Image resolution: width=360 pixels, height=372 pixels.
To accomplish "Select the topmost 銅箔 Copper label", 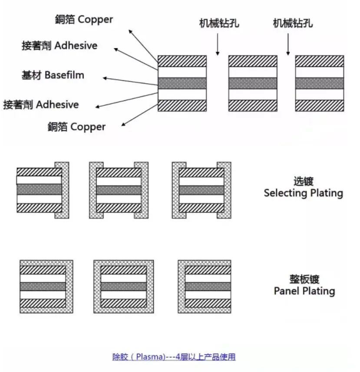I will point(84,20).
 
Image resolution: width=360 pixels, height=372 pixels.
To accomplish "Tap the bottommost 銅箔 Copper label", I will point(76,127).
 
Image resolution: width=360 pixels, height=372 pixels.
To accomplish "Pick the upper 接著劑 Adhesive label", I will point(59,46).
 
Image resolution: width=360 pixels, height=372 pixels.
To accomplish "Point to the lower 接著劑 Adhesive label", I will point(41,105).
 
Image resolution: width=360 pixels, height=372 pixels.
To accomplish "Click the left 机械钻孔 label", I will point(219,23).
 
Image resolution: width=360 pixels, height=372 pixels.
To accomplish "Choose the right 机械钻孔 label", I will point(293,23).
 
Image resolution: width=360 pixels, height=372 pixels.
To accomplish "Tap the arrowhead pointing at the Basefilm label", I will point(106,79).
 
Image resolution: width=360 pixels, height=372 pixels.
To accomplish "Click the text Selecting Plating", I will point(303,193).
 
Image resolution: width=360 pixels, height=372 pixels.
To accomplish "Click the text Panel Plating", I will point(304,290).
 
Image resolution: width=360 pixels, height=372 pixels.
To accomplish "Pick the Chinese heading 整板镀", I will point(304,279).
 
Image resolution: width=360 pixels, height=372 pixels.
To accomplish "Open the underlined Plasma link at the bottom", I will point(174,357).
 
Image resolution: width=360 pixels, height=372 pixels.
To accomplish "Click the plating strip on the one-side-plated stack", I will point(62,190).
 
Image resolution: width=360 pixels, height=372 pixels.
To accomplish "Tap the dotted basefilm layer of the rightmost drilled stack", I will point(319,83).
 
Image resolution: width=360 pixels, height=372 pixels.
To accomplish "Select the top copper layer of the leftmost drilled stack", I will point(182,61).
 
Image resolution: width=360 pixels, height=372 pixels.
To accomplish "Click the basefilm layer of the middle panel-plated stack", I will point(124,286).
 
